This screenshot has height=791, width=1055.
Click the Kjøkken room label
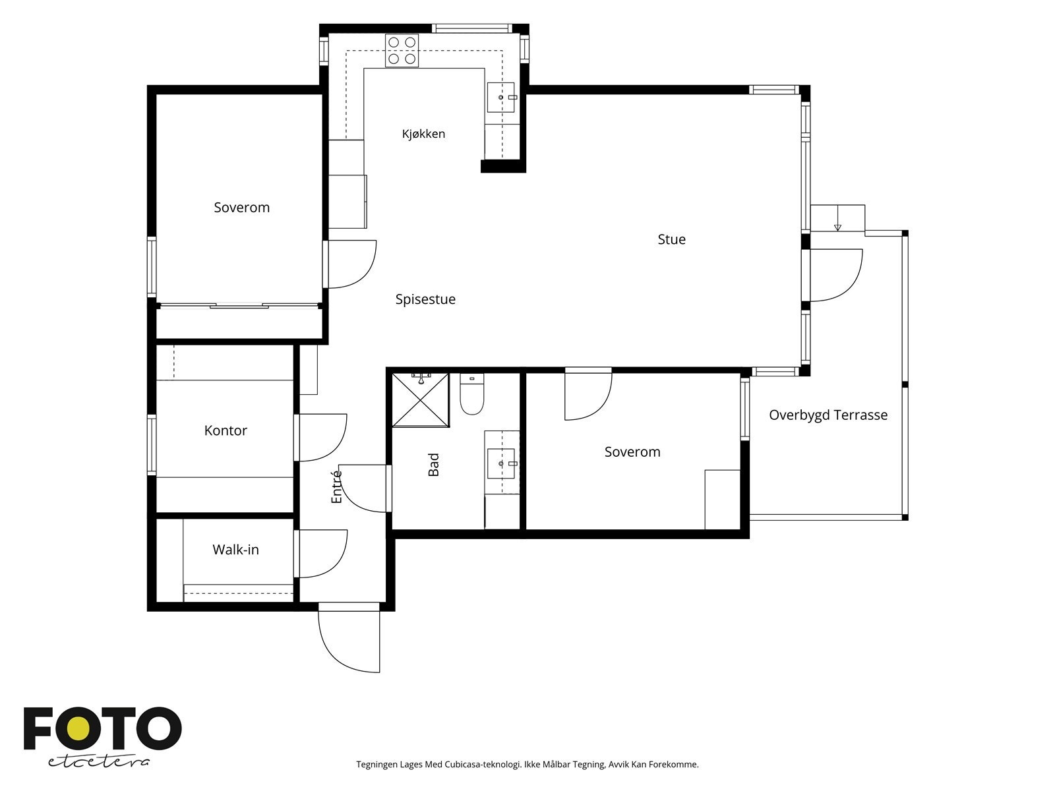tap(423, 134)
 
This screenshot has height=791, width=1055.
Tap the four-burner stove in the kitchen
tap(402, 51)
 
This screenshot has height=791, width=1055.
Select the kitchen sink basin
tap(501, 97)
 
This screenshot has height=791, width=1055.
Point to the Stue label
tap(671, 239)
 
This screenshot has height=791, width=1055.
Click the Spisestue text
tap(425, 299)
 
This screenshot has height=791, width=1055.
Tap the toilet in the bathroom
tap(472, 394)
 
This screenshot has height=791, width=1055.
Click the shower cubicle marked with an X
tap(421, 399)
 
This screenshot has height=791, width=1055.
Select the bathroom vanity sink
tap(501, 463)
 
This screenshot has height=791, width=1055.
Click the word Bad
tap(433, 465)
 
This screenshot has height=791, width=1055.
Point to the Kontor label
tap(226, 430)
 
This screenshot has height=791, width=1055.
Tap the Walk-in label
tap(235, 550)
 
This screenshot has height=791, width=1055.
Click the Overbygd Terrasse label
tap(828, 415)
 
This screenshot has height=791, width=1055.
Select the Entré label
tap(336, 486)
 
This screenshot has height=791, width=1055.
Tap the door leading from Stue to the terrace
tap(836, 275)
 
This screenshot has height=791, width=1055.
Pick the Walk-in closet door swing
tap(320, 554)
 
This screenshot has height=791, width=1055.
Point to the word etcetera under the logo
tap(98, 762)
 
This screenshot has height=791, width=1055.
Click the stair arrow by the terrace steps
tap(838, 218)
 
